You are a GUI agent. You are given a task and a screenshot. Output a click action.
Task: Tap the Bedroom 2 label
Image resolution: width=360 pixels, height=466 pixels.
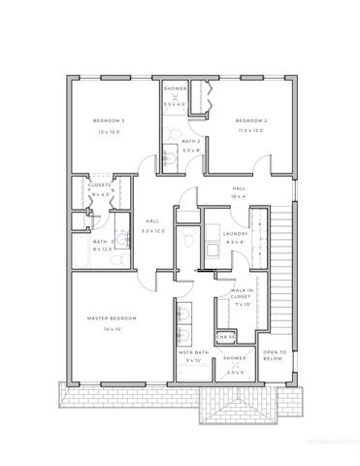[251, 119]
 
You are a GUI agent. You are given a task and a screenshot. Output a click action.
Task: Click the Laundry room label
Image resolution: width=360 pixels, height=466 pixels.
[236, 234]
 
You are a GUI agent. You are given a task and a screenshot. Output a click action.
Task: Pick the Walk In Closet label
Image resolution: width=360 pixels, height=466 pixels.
[242, 293]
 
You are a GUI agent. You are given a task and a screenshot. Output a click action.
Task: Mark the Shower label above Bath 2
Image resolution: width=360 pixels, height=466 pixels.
[175, 88]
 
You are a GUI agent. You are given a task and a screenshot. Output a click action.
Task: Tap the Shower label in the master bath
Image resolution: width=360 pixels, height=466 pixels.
[236, 358]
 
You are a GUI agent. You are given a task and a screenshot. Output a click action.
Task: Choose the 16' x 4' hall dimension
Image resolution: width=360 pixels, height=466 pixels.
[240, 197]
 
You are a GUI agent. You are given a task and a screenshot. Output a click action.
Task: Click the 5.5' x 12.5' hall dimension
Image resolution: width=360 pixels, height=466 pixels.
[154, 231]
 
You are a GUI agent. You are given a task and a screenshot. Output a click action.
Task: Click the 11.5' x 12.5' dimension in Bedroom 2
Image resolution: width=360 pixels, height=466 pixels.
[251, 130]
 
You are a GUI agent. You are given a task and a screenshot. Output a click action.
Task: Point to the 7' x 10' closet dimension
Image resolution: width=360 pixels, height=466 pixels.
[242, 305]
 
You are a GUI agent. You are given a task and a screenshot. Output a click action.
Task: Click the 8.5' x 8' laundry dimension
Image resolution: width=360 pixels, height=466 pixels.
[236, 243]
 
